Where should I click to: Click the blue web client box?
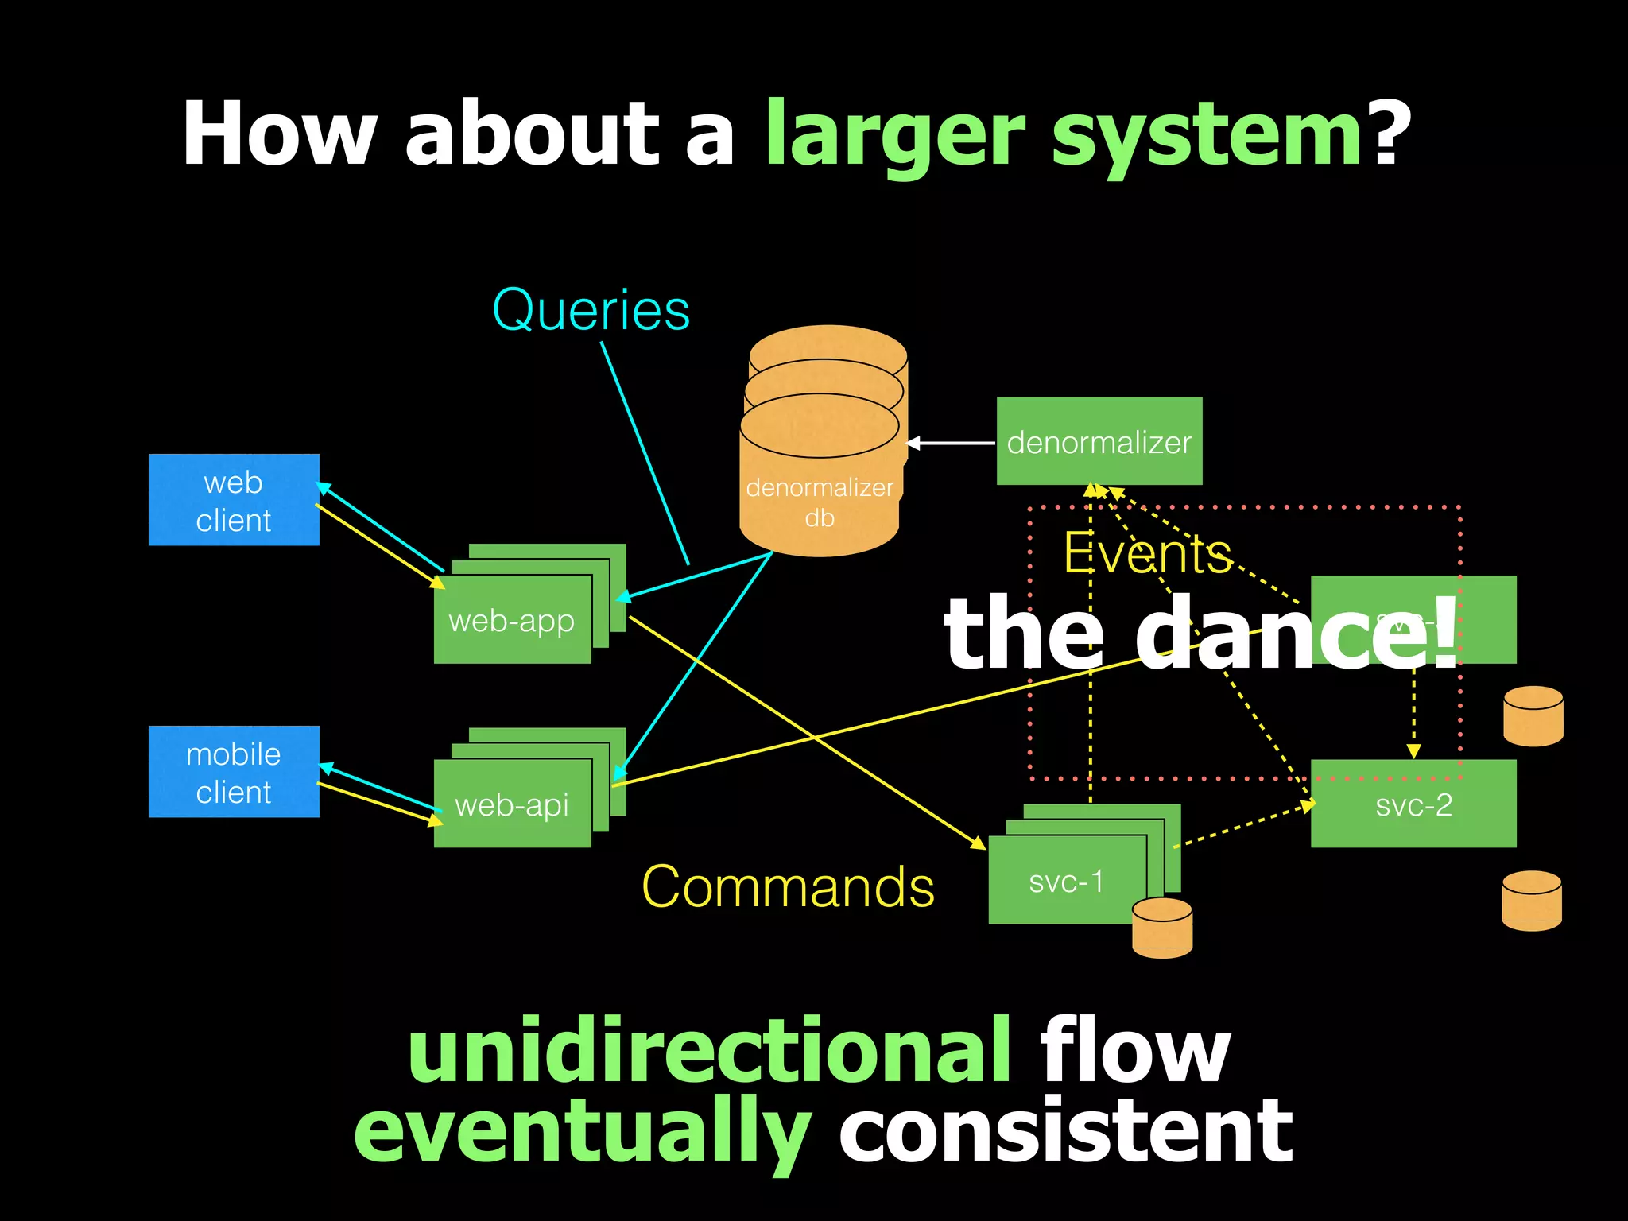(x=234, y=500)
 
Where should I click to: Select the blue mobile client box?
(x=234, y=772)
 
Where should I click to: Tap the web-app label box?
(x=512, y=620)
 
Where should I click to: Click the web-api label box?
(x=512, y=804)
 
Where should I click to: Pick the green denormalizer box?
(x=1099, y=441)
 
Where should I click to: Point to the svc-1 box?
(x=1066, y=881)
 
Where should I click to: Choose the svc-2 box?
(x=1413, y=804)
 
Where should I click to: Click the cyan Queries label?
(x=591, y=310)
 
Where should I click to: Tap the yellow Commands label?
(x=788, y=886)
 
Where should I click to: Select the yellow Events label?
(x=1147, y=553)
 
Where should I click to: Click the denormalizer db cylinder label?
(x=820, y=502)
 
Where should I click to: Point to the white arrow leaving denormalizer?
(x=951, y=443)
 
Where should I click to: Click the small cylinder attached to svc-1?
(x=1161, y=928)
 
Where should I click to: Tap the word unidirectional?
(x=709, y=1051)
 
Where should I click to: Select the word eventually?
(x=582, y=1131)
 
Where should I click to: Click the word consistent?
(x=1065, y=1131)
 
